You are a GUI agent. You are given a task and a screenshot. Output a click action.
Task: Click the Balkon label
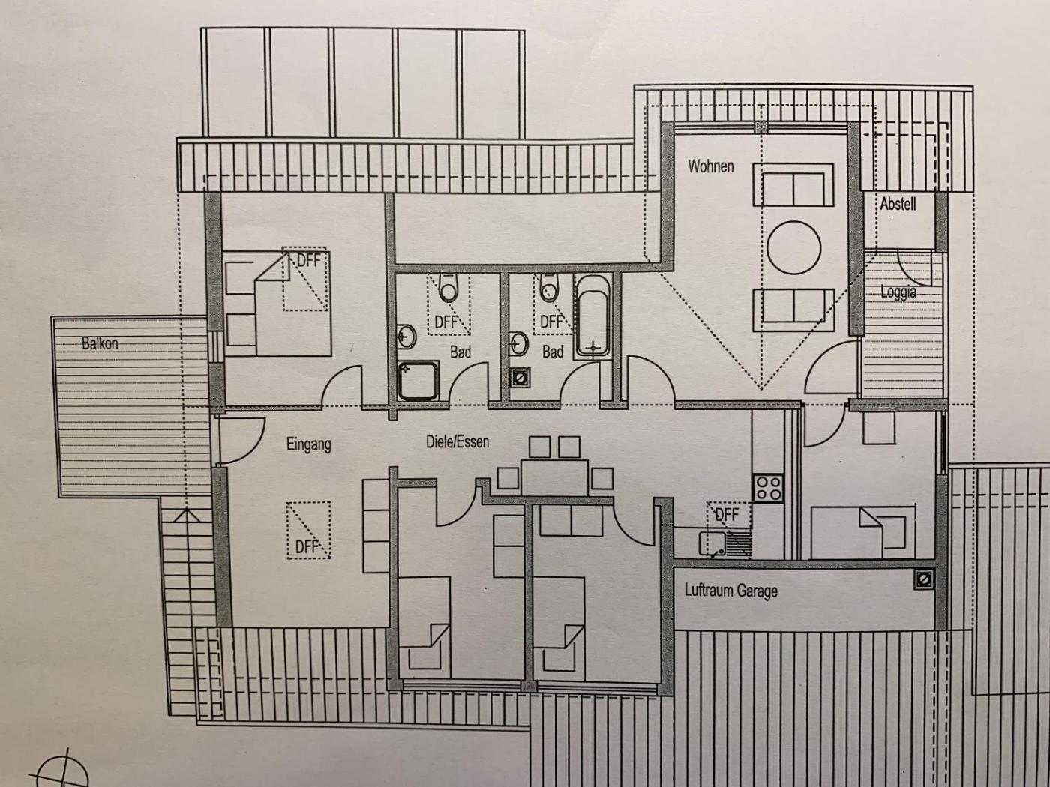point(100,343)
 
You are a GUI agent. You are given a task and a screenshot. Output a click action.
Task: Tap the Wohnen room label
point(710,166)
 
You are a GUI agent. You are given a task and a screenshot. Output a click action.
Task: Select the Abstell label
point(898,204)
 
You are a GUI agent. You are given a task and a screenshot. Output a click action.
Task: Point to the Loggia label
point(898,292)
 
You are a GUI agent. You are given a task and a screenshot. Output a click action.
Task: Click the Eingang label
point(308,444)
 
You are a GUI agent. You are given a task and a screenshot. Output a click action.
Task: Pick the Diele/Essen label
point(457,441)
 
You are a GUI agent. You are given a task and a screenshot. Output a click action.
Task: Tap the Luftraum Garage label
point(731,591)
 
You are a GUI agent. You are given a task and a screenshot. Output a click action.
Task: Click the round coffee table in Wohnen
point(793,247)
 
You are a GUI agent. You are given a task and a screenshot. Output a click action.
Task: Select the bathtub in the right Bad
point(593,316)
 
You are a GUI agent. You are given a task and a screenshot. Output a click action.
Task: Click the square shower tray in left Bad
point(418,381)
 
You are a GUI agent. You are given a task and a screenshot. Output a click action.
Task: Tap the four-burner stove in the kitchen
point(767,488)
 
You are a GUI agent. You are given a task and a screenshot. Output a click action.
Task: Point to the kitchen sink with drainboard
point(725,544)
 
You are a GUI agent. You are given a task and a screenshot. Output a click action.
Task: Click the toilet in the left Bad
point(448,288)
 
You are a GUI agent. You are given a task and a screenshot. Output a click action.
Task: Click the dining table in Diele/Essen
point(554,477)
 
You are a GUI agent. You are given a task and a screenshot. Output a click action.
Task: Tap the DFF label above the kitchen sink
point(727,515)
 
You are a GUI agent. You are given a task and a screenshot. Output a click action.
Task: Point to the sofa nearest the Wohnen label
point(793,185)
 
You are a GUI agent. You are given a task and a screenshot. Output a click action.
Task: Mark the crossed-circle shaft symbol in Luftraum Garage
point(924,579)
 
